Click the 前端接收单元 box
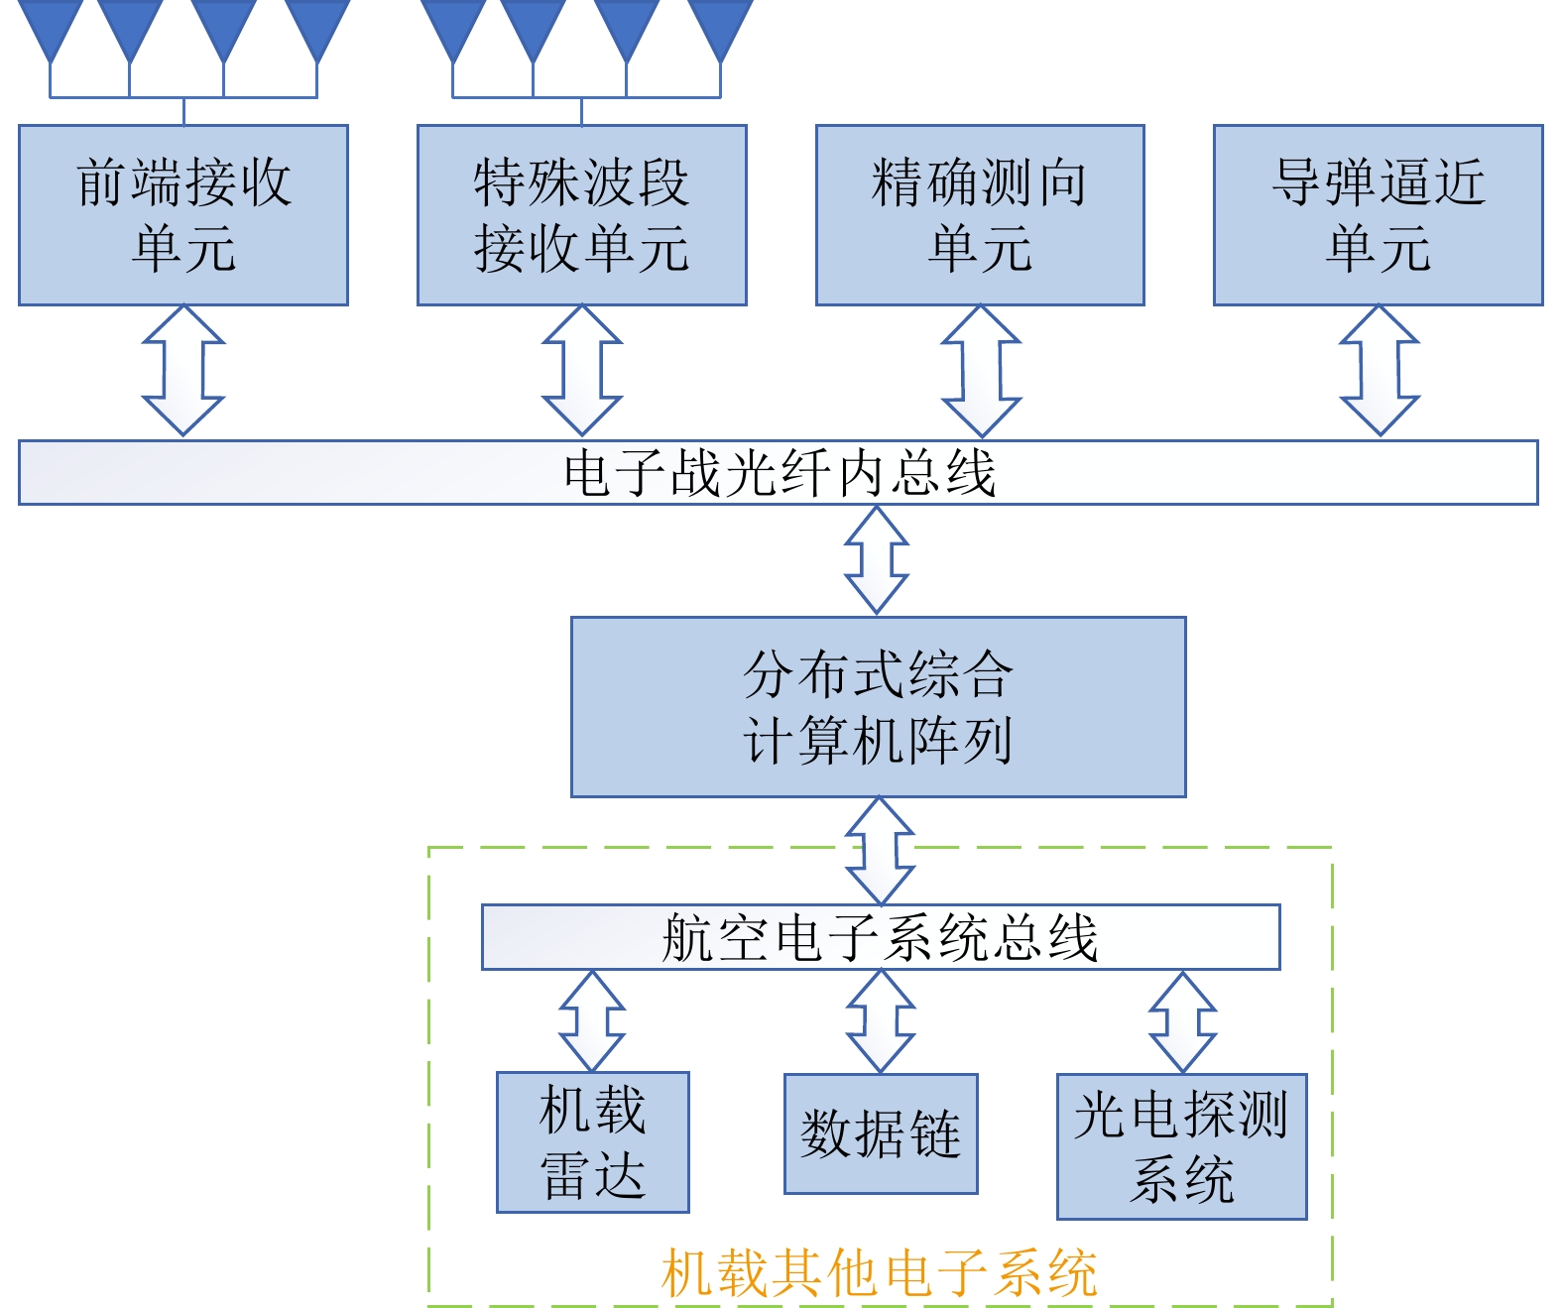click(x=183, y=215)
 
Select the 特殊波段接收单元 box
click(x=581, y=215)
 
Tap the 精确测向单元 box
click(x=980, y=215)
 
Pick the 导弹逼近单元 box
click(x=1379, y=215)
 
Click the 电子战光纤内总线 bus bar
click(x=779, y=473)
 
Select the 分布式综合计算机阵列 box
click(x=878, y=707)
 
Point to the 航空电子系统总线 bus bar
click(x=881, y=937)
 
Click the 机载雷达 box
click(x=593, y=1142)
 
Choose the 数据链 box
click(x=881, y=1133)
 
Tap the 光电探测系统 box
click(x=1181, y=1146)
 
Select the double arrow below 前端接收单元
click(x=183, y=371)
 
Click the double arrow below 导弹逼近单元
click(x=1380, y=371)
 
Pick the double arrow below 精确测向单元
click(x=981, y=371)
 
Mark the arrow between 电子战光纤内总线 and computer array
click(x=877, y=560)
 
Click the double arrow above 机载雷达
click(x=592, y=1020)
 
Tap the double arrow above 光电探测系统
click(x=1182, y=1021)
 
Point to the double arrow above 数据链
click(x=881, y=1021)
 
